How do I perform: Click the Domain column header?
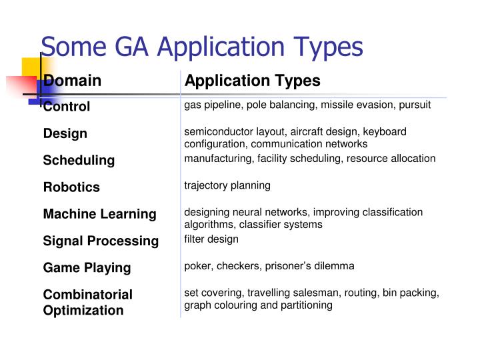point(73,81)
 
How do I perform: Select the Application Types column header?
point(253,81)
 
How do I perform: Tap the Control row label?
point(67,107)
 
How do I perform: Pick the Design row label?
point(65,133)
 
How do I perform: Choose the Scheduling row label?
point(79,160)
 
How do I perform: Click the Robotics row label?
point(71,187)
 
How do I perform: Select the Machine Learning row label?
point(99,214)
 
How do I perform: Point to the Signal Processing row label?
point(101,241)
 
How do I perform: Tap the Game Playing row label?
point(87,267)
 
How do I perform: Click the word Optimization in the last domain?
point(83,310)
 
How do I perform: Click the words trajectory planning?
point(227,185)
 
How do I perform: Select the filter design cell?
point(211,239)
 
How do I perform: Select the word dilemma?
point(335,265)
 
